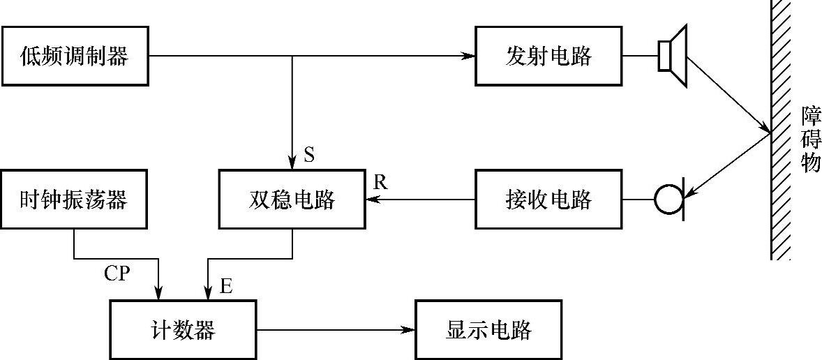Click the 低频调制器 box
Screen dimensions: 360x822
[75, 56]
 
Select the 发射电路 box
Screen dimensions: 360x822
[548, 56]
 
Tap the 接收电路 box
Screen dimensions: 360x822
[548, 200]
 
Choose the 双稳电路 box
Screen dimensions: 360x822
[291, 200]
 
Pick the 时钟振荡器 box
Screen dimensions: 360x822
[75, 200]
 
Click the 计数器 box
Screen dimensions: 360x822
[183, 329]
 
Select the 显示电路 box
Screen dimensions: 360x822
[488, 329]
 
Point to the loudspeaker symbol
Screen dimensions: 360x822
[672, 55]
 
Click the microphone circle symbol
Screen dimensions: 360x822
[668, 200]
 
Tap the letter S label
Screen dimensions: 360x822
[309, 155]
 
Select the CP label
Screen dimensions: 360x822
[117, 273]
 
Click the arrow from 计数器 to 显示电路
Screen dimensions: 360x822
[335, 329]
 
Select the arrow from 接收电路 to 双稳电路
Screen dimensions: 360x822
[419, 200]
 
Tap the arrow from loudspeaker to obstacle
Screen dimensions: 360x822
[728, 93]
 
